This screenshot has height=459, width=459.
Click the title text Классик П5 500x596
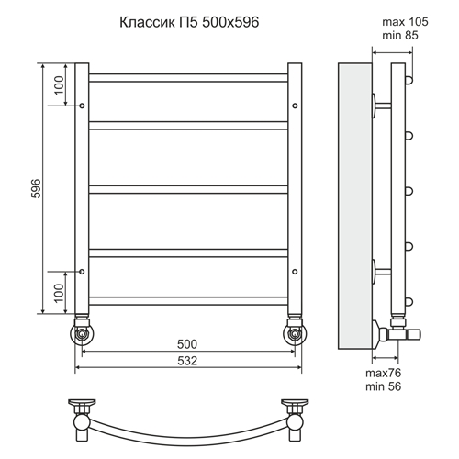189,22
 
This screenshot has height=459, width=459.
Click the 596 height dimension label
36,188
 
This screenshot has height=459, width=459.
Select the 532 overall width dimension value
187,361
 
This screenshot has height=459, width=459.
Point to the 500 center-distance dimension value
187,344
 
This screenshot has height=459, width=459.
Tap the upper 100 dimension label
60,85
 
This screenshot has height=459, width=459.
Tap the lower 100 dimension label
60,293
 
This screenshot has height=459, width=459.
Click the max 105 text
405,22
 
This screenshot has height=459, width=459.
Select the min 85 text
400,36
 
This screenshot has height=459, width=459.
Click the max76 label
383,373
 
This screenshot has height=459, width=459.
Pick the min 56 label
383,386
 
